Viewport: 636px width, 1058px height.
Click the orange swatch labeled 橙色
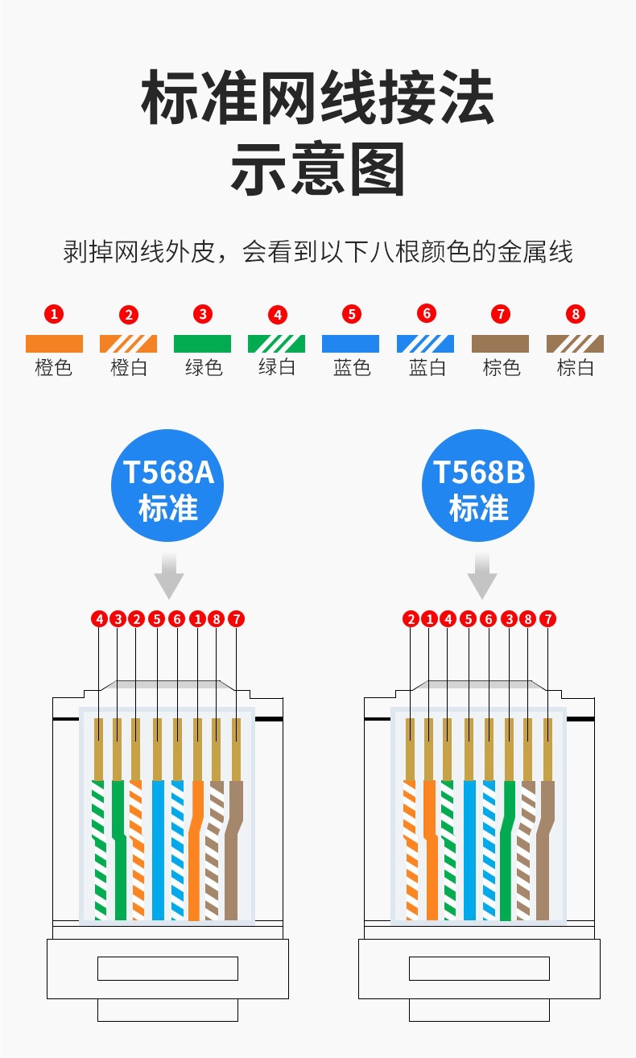tap(54, 344)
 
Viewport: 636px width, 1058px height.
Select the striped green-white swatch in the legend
tap(276, 344)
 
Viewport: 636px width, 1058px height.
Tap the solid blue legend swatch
tap(350, 344)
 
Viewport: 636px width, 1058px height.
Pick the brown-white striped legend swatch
tap(575, 344)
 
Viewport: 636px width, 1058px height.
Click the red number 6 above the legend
tap(427, 313)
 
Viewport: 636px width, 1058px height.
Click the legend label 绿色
tap(203, 368)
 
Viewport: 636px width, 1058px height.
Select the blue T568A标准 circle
tap(167, 486)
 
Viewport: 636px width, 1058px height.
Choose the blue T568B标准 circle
tap(478, 486)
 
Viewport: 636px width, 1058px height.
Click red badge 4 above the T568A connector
tap(99, 619)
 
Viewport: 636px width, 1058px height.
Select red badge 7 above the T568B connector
tap(548, 619)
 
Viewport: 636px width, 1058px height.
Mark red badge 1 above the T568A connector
tap(197, 619)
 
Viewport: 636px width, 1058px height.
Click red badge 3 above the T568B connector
tap(509, 619)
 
